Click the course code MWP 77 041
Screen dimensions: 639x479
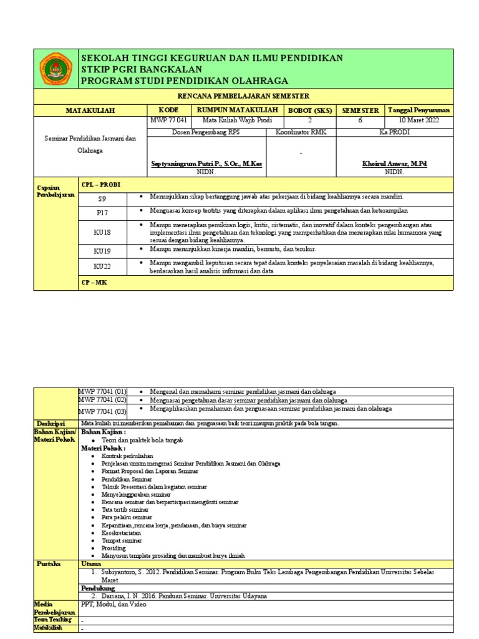168,120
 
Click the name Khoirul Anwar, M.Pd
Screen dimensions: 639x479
394,163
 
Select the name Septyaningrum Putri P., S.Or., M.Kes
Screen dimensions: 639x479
207,163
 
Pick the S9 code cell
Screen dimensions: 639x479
102,198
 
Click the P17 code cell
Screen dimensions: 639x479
102,213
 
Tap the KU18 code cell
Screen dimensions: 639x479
102,232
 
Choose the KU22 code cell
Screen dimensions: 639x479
102,266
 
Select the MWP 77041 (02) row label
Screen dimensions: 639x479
102,400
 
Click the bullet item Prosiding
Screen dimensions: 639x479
113,548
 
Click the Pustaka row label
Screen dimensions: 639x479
49,563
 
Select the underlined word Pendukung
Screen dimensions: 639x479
99,588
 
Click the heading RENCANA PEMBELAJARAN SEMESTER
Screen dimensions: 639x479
243,95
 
